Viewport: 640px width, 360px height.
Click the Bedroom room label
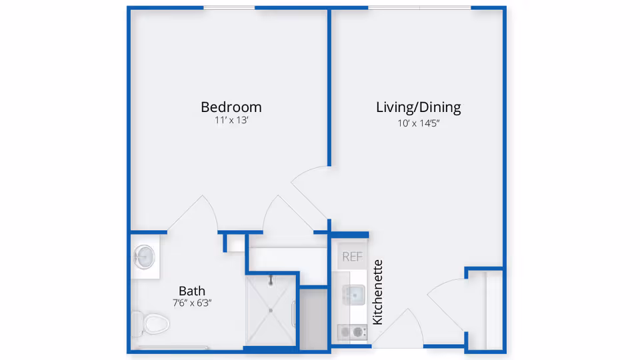click(x=231, y=107)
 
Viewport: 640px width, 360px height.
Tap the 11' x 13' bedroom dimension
click(x=231, y=121)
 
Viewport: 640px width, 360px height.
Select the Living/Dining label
click(x=418, y=107)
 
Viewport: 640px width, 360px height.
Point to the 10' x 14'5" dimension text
click(x=418, y=123)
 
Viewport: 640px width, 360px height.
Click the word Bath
click(x=191, y=291)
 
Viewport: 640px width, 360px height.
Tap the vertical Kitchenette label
click(x=378, y=292)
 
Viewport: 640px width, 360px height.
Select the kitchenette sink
click(x=352, y=294)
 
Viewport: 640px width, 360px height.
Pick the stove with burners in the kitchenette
click(x=352, y=331)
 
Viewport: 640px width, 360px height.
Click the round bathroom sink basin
click(x=145, y=256)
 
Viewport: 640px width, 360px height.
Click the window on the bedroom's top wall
click(x=229, y=8)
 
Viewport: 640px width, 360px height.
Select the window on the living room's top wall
click(x=419, y=8)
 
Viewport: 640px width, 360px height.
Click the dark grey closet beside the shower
click(x=313, y=317)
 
